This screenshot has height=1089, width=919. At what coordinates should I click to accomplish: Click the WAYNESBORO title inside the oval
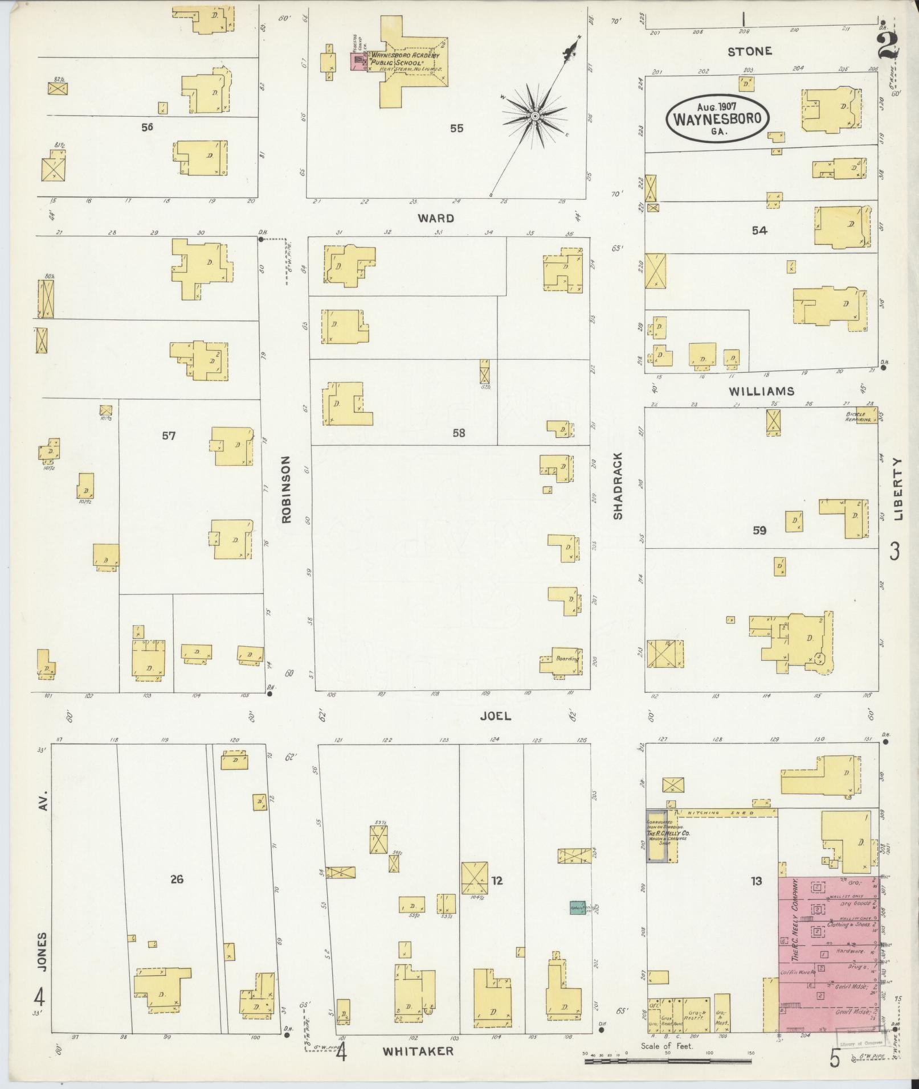point(717,120)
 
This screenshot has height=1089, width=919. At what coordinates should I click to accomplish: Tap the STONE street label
point(750,51)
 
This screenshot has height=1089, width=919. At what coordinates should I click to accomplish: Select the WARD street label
point(436,218)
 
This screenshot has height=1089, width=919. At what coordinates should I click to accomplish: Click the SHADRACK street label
point(618,486)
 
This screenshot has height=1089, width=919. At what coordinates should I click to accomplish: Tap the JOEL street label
point(495,716)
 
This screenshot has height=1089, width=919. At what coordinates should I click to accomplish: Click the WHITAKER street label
point(418,1051)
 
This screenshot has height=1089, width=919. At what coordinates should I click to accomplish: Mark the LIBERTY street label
point(898,489)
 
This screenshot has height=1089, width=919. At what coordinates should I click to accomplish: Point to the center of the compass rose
point(535,116)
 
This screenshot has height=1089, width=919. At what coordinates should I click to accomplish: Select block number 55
point(456,129)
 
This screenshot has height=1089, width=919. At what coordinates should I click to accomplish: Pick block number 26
point(177,880)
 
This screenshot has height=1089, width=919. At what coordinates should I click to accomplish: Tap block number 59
point(759,531)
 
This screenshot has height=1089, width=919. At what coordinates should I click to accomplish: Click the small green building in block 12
point(577,908)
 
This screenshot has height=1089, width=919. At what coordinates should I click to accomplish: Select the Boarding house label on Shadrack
point(567,659)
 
